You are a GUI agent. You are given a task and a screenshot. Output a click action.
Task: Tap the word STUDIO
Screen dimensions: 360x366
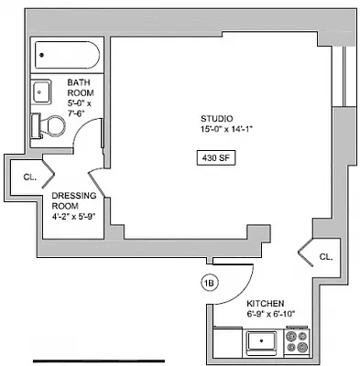point(217,119)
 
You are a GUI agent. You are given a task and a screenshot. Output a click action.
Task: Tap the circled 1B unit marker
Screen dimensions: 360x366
point(209,284)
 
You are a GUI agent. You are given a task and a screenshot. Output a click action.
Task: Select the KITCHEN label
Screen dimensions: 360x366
point(265,303)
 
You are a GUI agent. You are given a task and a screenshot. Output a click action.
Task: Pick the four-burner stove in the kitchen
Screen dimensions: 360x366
point(298,342)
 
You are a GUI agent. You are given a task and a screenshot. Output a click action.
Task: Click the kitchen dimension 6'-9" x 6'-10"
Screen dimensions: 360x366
point(269,314)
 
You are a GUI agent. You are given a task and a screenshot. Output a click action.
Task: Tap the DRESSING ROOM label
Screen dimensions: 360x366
point(69,200)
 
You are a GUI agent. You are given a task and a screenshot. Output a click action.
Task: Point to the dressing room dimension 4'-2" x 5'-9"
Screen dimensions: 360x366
point(73,217)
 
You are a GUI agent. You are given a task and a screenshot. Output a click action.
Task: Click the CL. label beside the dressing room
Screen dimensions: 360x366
point(29,177)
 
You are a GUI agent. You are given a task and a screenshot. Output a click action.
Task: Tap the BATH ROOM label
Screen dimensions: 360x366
point(80,88)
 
